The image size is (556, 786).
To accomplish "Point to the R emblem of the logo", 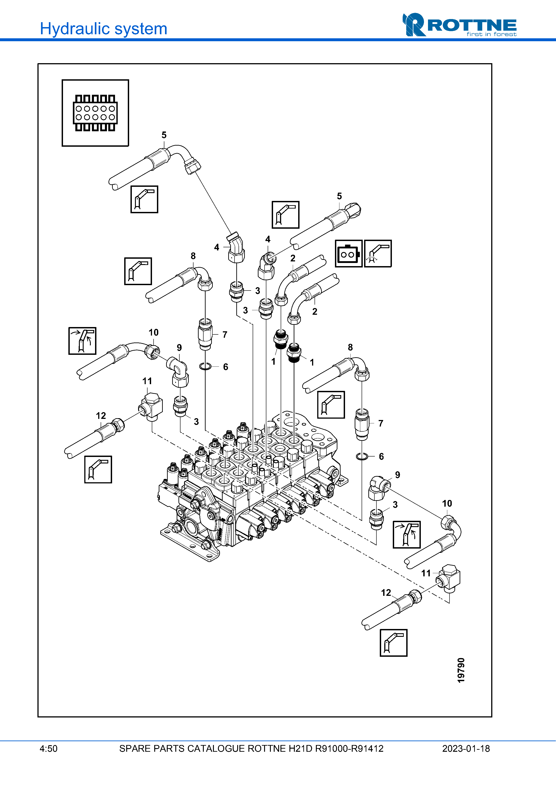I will coord(414,25).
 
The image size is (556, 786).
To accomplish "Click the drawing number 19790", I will coord(461,670).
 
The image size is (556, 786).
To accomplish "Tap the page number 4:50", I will coord(48,749).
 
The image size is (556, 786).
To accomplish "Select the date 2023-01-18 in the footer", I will coord(466,749).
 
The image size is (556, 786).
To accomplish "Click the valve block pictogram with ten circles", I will coord(95,113).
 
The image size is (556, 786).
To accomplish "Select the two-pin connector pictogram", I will coord(348,254).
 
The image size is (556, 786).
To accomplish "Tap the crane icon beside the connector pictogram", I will coord(378,254).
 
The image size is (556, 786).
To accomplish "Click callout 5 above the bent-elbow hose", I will coord(164,135).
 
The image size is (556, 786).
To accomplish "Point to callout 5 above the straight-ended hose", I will coord(339,196).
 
